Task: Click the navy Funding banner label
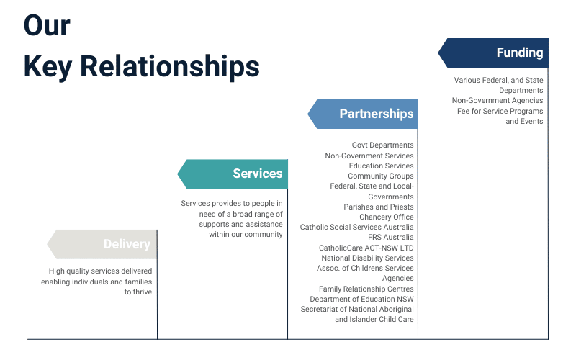coord(519,53)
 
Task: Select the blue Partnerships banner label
coord(376,114)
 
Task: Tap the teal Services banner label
coord(257,174)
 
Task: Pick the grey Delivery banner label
coord(126,244)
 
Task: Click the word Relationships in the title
coord(170,66)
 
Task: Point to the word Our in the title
coord(47,25)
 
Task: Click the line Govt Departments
coord(382,145)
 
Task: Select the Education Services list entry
coord(381,166)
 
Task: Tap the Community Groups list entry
coord(380,176)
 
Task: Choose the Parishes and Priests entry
coord(378,207)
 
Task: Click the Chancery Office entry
coord(386,217)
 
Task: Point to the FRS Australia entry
coord(390,237)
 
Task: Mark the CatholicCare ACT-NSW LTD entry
coord(366,248)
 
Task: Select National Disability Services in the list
coord(367,258)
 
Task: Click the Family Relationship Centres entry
coord(366,289)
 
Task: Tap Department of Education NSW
coord(361,299)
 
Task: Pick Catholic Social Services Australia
coord(356,227)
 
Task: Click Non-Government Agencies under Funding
coord(497,101)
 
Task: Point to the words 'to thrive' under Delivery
coord(138,292)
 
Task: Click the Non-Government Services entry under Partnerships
coord(369,156)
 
